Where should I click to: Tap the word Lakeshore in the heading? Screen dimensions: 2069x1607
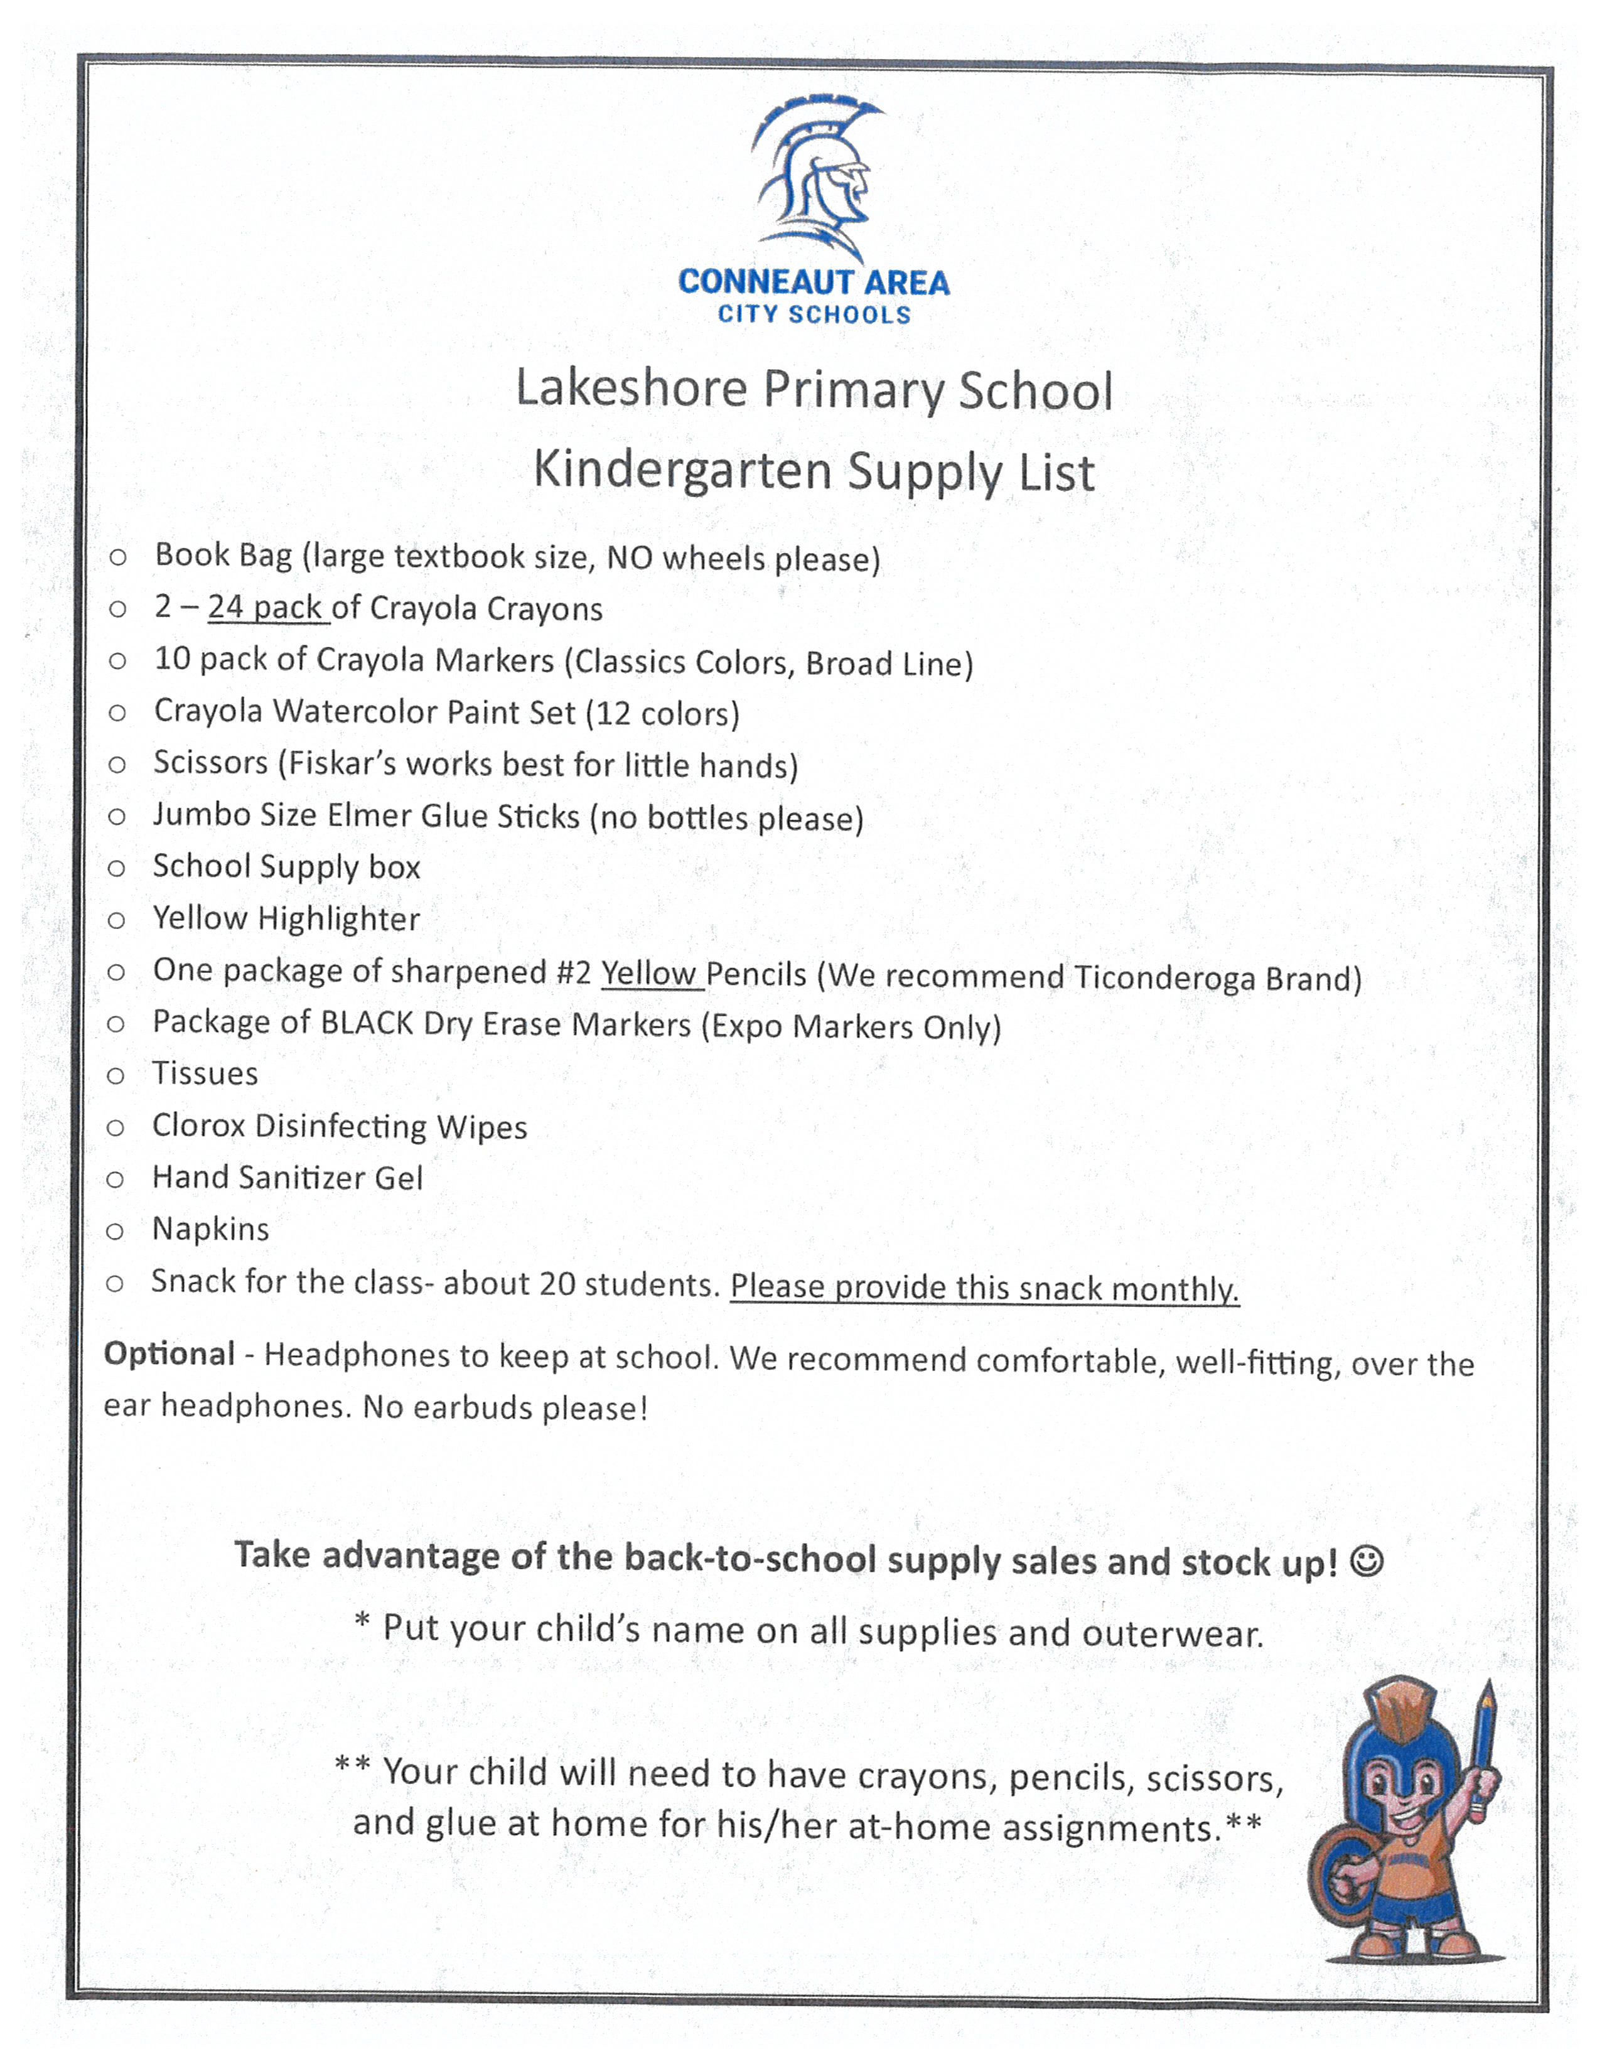631,389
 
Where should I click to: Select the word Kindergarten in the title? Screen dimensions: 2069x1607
682,470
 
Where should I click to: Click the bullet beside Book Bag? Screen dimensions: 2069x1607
117,557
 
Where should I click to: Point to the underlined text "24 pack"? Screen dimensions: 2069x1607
266,607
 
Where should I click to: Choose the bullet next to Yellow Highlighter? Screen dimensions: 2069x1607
117,920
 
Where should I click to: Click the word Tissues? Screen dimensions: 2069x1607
205,1074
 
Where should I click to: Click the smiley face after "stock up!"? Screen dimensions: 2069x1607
1367,1559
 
